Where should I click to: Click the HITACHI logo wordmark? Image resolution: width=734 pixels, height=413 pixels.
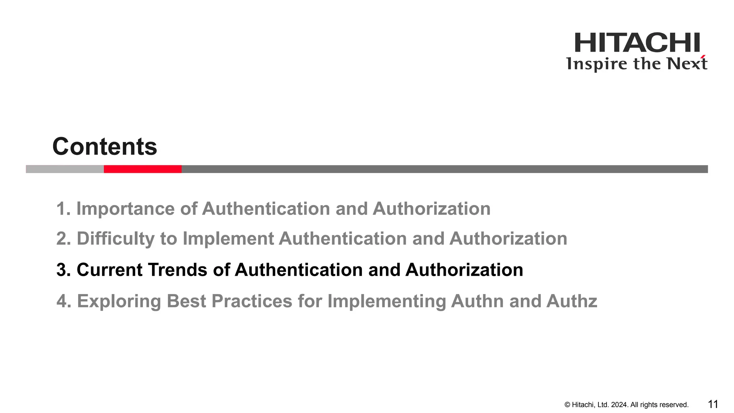pos(637,43)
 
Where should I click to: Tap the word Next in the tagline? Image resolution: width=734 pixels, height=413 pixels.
pos(687,63)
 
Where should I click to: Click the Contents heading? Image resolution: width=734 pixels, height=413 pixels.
pos(105,147)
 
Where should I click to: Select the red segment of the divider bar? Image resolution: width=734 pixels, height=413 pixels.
pos(143,169)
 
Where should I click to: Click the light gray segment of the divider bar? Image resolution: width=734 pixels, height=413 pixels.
pos(65,169)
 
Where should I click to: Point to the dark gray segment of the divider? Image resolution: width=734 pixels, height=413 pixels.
pos(444,169)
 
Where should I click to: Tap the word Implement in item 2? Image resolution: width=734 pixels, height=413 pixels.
pos(228,239)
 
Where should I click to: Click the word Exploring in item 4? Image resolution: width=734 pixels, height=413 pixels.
pos(119,301)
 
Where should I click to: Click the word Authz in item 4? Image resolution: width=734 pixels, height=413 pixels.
pos(572,301)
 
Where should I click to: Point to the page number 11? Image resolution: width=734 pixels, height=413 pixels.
pos(713,404)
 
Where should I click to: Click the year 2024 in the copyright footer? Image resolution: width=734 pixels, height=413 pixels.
pos(619,405)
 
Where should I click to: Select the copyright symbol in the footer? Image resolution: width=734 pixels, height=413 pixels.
pos(567,405)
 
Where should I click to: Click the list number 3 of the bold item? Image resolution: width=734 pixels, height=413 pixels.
pos(62,270)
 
